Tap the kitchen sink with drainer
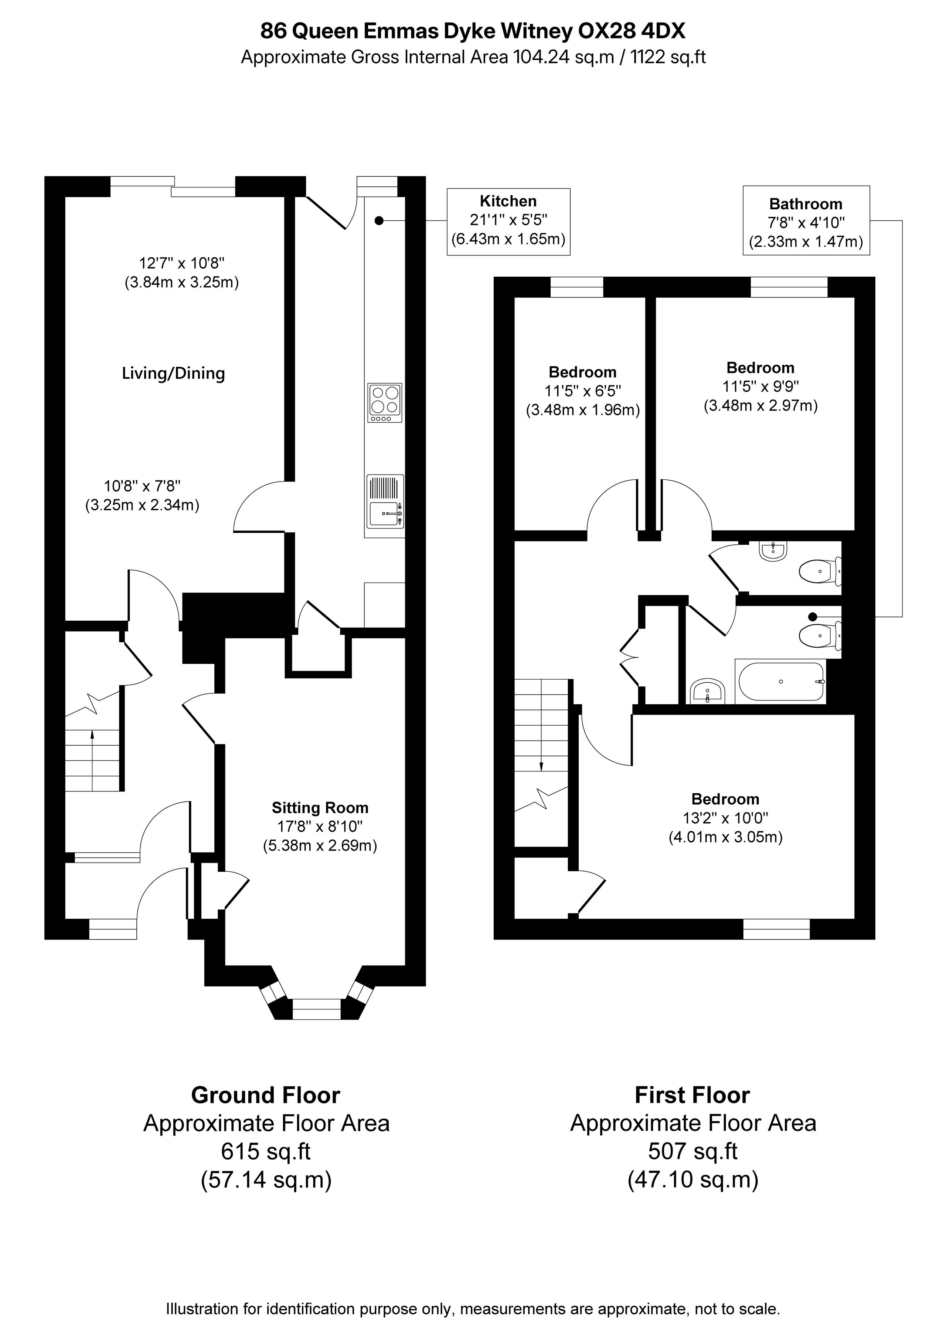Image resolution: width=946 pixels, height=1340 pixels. [x=385, y=506]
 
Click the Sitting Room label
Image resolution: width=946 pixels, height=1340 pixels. [x=320, y=808]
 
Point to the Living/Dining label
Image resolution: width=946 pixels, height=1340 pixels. [x=173, y=374]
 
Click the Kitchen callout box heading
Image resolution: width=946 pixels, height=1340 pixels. [x=508, y=201]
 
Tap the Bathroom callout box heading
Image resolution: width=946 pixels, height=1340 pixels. [x=806, y=204]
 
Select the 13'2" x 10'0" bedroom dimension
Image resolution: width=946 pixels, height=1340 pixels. [x=725, y=818]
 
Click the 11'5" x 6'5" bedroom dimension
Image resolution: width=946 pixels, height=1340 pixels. [x=583, y=391]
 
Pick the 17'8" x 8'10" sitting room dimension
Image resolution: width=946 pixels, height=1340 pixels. [x=320, y=826]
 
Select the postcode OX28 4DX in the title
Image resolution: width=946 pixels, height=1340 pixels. [x=631, y=31]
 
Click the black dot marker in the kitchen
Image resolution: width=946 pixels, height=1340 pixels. [x=379, y=220]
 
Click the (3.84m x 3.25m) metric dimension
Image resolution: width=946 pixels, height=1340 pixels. [x=182, y=283]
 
